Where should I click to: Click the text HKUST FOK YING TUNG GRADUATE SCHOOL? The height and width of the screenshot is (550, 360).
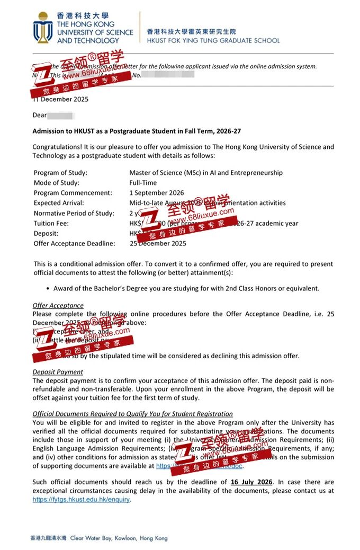tap(213, 40)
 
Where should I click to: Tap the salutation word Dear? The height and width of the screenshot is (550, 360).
tap(40, 115)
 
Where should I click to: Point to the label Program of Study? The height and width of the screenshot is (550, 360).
tap(60, 173)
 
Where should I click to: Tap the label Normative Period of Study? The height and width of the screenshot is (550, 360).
tap(74, 213)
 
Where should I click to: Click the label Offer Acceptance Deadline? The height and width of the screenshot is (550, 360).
tap(74, 244)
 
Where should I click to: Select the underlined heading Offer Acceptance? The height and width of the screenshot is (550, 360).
tap(58, 306)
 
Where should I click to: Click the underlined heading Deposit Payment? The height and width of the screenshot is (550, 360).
tap(58, 372)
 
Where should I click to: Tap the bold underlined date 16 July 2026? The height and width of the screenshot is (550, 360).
tap(251, 482)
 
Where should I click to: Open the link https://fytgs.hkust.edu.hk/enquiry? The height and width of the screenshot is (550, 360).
tap(81, 499)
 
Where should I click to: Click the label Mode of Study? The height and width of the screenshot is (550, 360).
tap(56, 183)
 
